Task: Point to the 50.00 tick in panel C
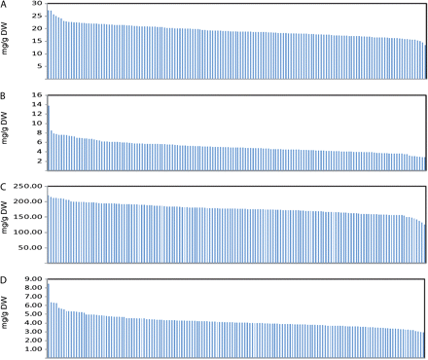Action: point(30,247)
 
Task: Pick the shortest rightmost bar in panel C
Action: point(425,244)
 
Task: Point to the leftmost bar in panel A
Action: point(48,45)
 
